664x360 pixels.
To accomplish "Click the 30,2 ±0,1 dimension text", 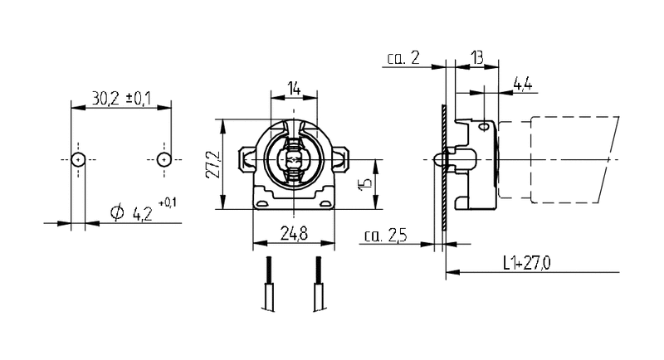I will tap(120, 99).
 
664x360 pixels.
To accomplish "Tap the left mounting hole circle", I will tap(77, 158).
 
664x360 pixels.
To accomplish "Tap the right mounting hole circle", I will tap(164, 158).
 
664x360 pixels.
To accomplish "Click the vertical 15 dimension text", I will tap(364, 184).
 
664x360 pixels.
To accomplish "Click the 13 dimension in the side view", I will tap(476, 56).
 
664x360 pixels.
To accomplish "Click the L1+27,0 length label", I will tap(527, 264).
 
